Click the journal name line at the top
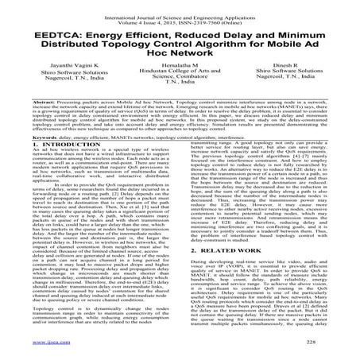coord(180,6)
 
